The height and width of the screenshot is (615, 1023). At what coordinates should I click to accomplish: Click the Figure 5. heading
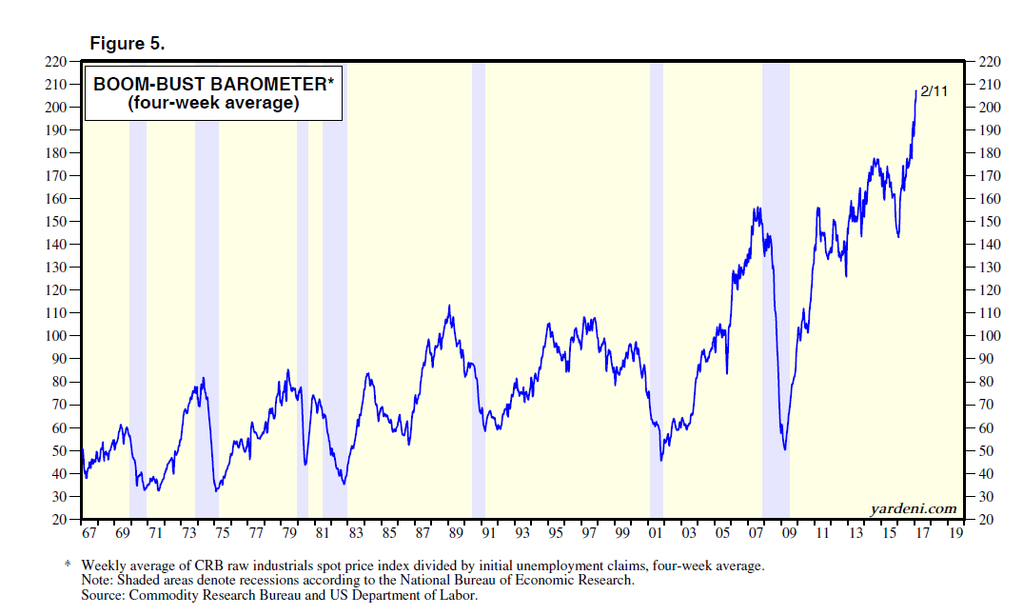(127, 43)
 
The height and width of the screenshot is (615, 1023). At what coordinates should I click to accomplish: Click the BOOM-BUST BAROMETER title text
(212, 85)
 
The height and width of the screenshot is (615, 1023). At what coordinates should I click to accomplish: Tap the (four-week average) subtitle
(212, 104)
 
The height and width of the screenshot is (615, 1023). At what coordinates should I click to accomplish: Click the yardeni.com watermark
(913, 508)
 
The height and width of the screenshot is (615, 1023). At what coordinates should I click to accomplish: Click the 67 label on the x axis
(89, 535)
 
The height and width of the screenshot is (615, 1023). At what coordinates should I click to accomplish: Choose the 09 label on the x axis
(789, 535)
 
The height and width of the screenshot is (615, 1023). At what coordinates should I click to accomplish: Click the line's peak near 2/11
(916, 91)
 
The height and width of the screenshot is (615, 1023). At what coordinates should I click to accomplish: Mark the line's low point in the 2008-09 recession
(784, 448)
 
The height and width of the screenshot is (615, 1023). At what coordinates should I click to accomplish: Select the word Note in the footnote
(97, 581)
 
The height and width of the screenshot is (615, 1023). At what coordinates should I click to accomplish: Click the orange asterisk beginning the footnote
(68, 565)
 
